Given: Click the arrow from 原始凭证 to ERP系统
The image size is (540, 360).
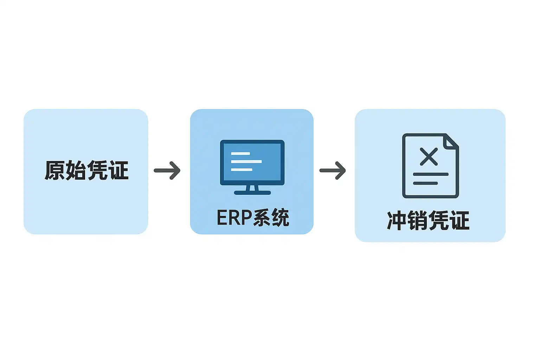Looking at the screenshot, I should (167, 171).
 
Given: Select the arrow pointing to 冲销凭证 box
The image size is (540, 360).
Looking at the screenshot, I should (333, 171).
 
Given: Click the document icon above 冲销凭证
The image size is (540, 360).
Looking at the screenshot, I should (430, 166).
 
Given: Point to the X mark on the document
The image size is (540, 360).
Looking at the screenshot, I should (429, 156).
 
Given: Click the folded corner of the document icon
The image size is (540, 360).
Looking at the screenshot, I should (451, 141).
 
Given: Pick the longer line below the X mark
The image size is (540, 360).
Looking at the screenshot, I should (431, 174).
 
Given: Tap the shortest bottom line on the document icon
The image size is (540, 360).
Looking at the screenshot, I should (425, 183).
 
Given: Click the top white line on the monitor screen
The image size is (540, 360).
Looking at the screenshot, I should (240, 154).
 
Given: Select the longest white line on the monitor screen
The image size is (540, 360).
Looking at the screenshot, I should (246, 162).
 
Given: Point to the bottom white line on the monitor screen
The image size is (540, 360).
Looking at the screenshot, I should (242, 170).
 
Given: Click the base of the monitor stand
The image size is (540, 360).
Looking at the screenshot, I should (252, 193).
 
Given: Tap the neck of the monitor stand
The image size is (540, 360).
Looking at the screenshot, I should (252, 188).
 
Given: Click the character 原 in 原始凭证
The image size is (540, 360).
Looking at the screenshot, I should (55, 171).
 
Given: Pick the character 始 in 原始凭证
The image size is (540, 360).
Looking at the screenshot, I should (76, 171).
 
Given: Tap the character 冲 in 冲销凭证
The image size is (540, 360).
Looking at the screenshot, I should (397, 221).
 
